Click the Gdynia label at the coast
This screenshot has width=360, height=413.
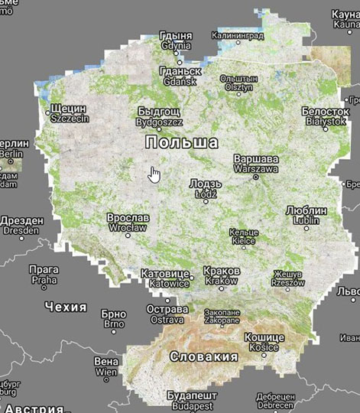[177, 41]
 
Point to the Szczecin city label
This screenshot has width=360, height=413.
[69, 113]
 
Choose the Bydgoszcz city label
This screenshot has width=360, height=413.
[161, 117]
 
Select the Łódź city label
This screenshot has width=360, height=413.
[205, 189]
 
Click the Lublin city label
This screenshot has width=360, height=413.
[305, 215]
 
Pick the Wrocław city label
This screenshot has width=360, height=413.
[128, 223]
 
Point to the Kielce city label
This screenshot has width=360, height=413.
[244, 236]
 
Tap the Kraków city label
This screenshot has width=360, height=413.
[222, 276]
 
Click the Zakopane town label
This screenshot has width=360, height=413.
[220, 317]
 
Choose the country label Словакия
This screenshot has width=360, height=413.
[203, 356]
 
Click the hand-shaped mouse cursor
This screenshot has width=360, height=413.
[155, 174]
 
